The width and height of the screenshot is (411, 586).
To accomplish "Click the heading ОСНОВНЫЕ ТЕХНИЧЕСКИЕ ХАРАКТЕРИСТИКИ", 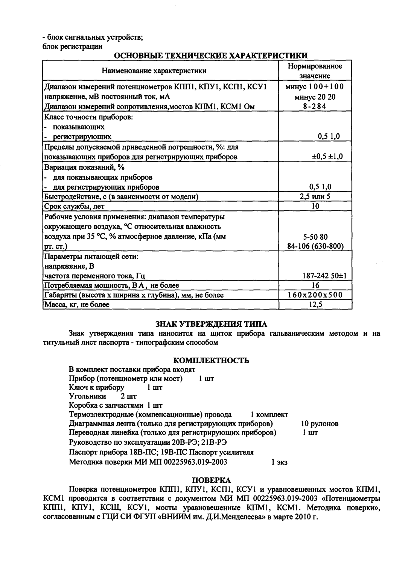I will point(211,56).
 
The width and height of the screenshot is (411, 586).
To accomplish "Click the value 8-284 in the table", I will point(315,106).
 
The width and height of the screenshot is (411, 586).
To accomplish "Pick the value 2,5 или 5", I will point(315,196).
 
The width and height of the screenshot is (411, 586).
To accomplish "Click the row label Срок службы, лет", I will point(75,206).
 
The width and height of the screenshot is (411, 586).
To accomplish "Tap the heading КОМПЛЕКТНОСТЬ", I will point(211,361).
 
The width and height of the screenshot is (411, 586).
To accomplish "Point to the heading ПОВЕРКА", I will point(212,480).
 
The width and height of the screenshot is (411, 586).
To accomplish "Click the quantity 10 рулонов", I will point(320,424).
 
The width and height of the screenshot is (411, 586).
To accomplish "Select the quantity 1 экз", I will point(279,463).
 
